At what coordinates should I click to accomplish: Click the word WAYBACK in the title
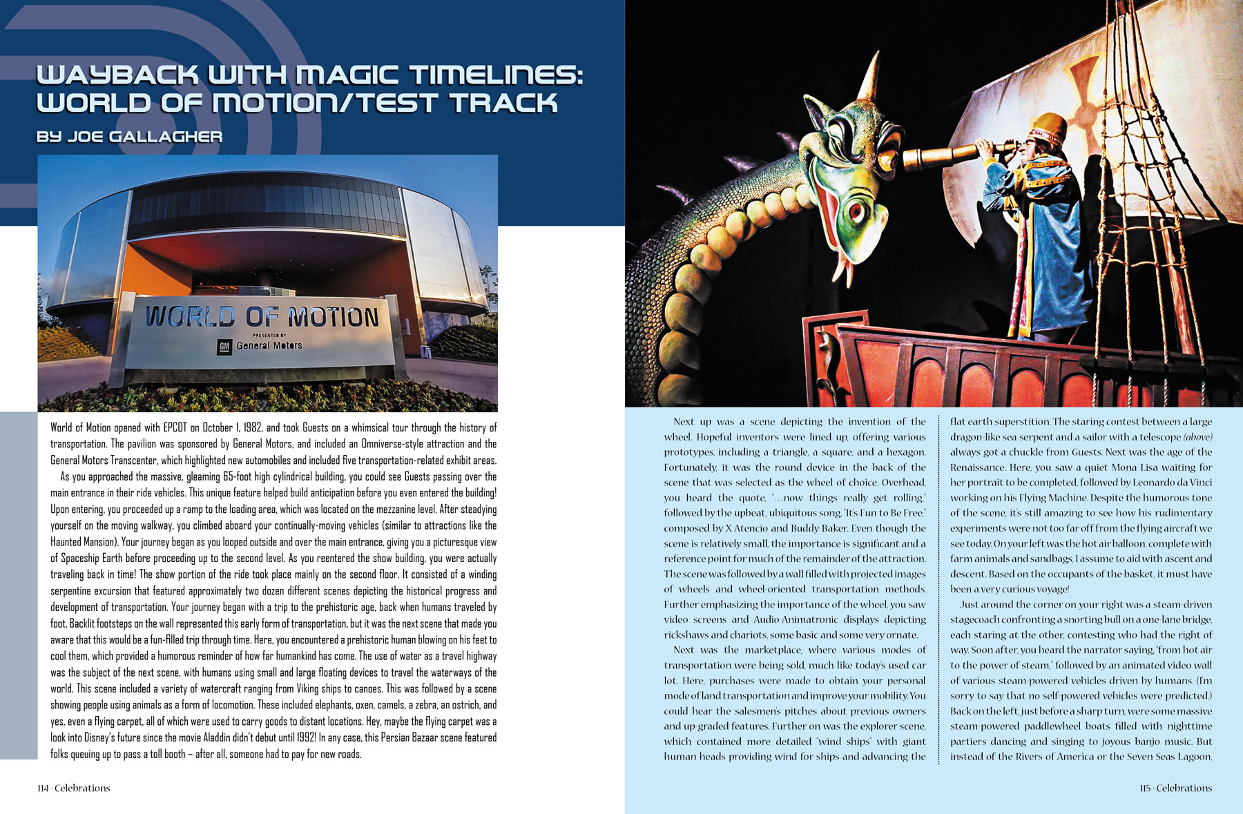pyautogui.click(x=117, y=75)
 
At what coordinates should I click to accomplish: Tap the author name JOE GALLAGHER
pyautogui.click(x=145, y=137)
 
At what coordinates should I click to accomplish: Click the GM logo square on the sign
pyautogui.click(x=224, y=347)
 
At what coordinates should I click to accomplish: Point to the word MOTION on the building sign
pyautogui.click(x=334, y=317)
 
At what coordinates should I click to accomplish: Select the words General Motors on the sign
pyautogui.click(x=269, y=345)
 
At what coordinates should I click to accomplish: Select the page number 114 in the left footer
pyautogui.click(x=44, y=788)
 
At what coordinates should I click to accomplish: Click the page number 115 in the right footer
pyautogui.click(x=1146, y=788)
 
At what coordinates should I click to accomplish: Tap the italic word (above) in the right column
pyautogui.click(x=1197, y=437)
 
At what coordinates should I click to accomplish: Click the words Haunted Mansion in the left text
pyautogui.click(x=84, y=542)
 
